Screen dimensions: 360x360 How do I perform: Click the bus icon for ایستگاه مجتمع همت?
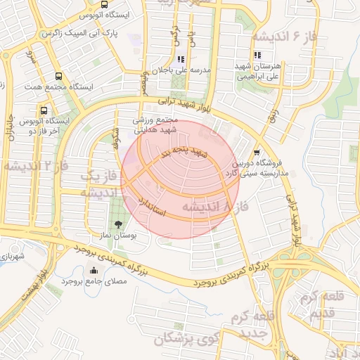[57, 77]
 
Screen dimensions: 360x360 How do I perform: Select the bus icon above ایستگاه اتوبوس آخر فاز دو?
[44, 111]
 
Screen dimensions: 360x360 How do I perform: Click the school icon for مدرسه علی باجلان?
[181, 60]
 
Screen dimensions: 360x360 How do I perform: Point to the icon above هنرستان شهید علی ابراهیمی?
[257, 56]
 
